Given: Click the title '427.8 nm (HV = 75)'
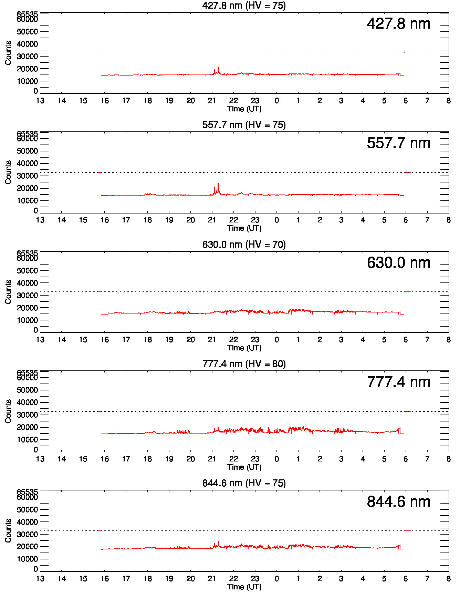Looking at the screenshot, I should [x=244, y=6].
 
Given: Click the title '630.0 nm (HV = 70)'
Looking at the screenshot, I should [x=244, y=245].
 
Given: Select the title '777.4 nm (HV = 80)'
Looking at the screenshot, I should [x=244, y=364].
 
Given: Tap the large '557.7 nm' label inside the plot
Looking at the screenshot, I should [x=398, y=143].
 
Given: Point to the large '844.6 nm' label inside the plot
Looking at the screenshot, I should [x=398, y=502].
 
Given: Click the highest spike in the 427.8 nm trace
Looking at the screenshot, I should [x=218, y=67].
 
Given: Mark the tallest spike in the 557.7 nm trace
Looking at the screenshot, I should [x=218, y=183].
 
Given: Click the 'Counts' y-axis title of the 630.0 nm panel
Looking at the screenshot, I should [x=8, y=292].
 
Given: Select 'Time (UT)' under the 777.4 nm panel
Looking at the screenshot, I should [x=244, y=467].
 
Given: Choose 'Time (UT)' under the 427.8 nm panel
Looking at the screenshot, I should [x=244, y=109].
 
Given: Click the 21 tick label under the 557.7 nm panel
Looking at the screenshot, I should [x=212, y=220].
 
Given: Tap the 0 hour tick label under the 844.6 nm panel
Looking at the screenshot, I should [x=276, y=578].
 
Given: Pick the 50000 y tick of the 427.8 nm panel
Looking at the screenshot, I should [x=27, y=32].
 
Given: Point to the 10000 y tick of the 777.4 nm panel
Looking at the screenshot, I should [x=27, y=440].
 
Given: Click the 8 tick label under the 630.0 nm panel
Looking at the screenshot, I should [x=448, y=340].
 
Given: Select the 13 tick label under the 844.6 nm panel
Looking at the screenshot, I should [x=40, y=578].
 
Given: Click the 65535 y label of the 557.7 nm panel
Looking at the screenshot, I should [x=27, y=133].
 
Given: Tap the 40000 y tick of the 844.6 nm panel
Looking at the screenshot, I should [x=27, y=522].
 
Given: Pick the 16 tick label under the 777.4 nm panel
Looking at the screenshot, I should [x=105, y=459].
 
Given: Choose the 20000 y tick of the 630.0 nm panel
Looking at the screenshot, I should [x=27, y=308].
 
